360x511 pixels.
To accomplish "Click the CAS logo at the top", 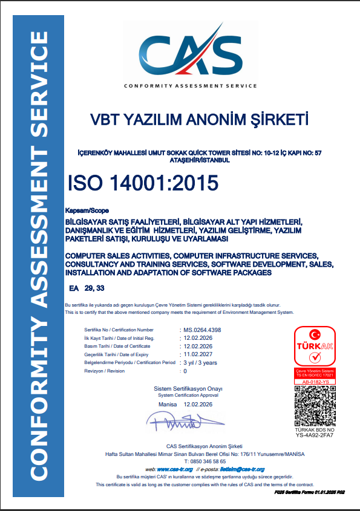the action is coord(190,56).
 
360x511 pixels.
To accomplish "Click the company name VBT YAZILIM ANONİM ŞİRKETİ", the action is coord(199,119).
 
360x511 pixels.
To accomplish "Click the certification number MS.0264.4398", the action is coord(203,330).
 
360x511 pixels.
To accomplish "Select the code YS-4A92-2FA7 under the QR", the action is coord(315,435).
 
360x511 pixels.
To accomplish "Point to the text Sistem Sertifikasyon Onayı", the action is coord(188,388).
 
